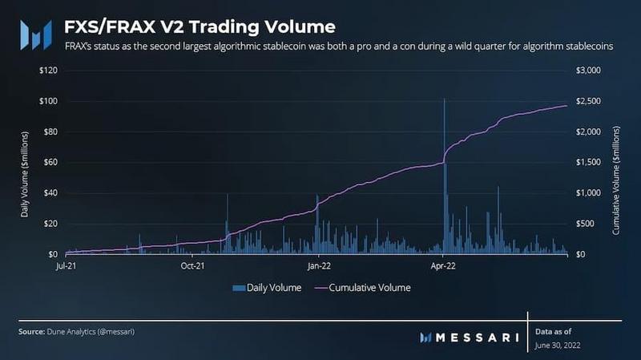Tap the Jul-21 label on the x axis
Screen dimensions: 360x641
tap(66, 265)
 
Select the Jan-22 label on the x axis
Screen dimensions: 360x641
tap(318, 265)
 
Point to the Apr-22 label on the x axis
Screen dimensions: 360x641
tap(443, 265)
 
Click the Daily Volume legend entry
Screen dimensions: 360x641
tap(267, 287)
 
